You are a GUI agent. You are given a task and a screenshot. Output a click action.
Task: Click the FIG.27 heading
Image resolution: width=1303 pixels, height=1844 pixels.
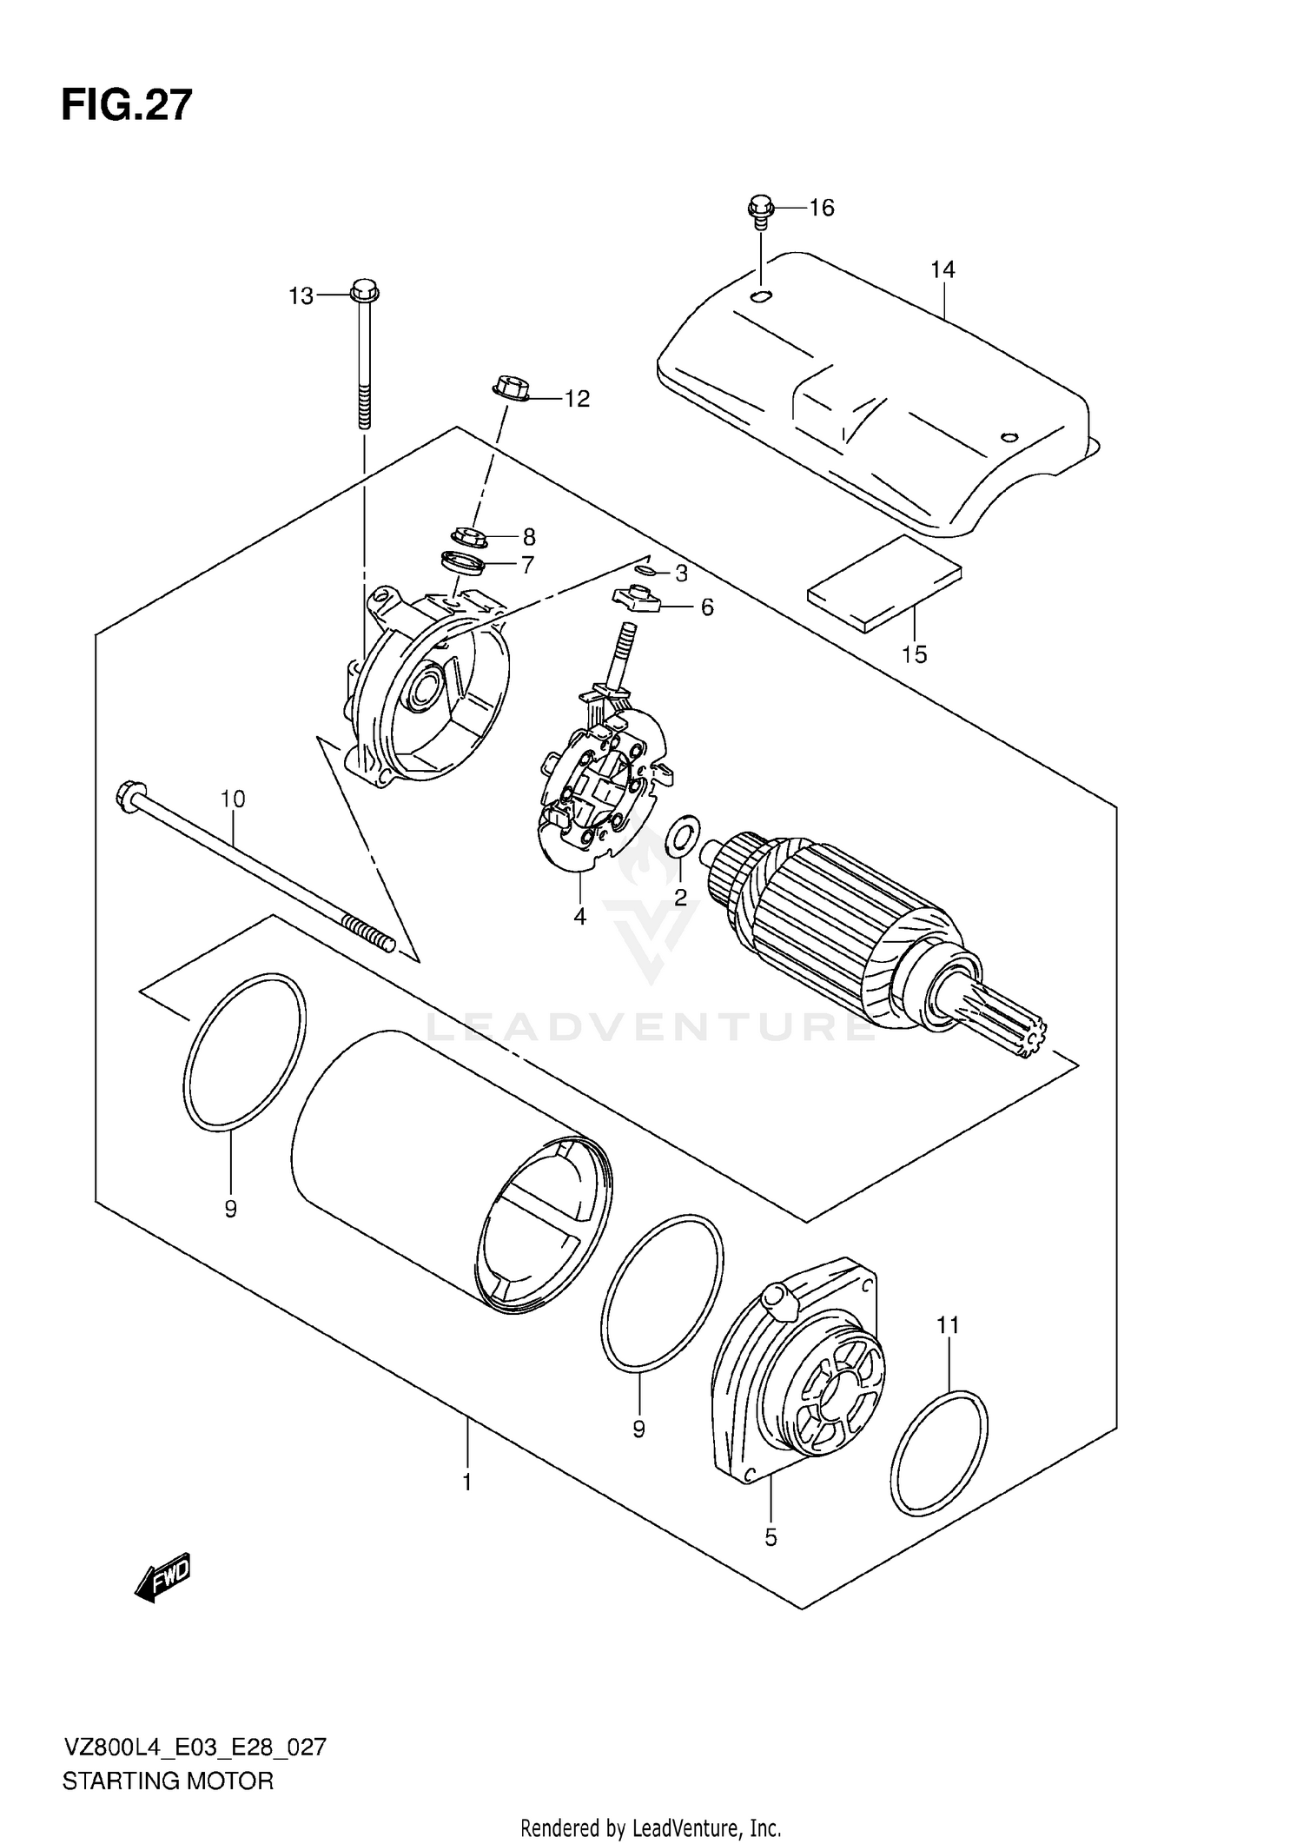[127, 106]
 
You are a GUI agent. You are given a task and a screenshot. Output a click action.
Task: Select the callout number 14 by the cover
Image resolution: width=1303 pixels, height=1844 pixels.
[943, 270]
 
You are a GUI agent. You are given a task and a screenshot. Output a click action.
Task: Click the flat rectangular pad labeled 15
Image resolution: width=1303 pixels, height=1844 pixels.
[884, 582]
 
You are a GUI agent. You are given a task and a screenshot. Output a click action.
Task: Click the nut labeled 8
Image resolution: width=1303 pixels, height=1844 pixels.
[469, 537]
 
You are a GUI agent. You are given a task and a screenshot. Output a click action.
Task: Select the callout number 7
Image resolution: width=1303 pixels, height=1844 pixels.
[527, 565]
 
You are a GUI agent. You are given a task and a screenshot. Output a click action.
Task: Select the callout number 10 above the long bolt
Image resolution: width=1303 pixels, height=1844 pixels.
[233, 799]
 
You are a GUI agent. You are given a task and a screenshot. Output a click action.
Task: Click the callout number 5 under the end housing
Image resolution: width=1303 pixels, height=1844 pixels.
[771, 1538]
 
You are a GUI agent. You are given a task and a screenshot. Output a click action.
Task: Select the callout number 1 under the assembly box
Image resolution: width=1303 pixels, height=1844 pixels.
[467, 1482]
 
